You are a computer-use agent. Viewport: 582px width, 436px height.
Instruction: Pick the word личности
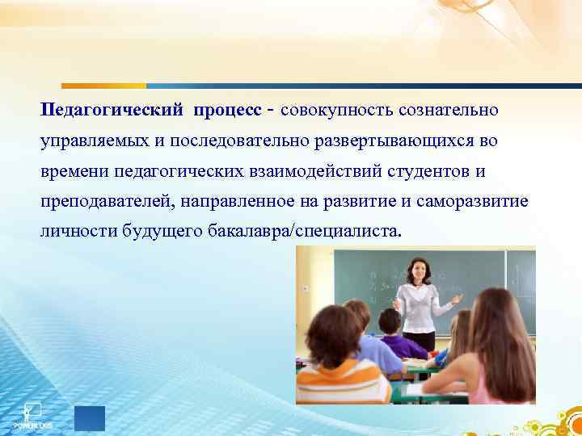(77, 233)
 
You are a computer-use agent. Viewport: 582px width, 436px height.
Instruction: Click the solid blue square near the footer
(90, 418)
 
